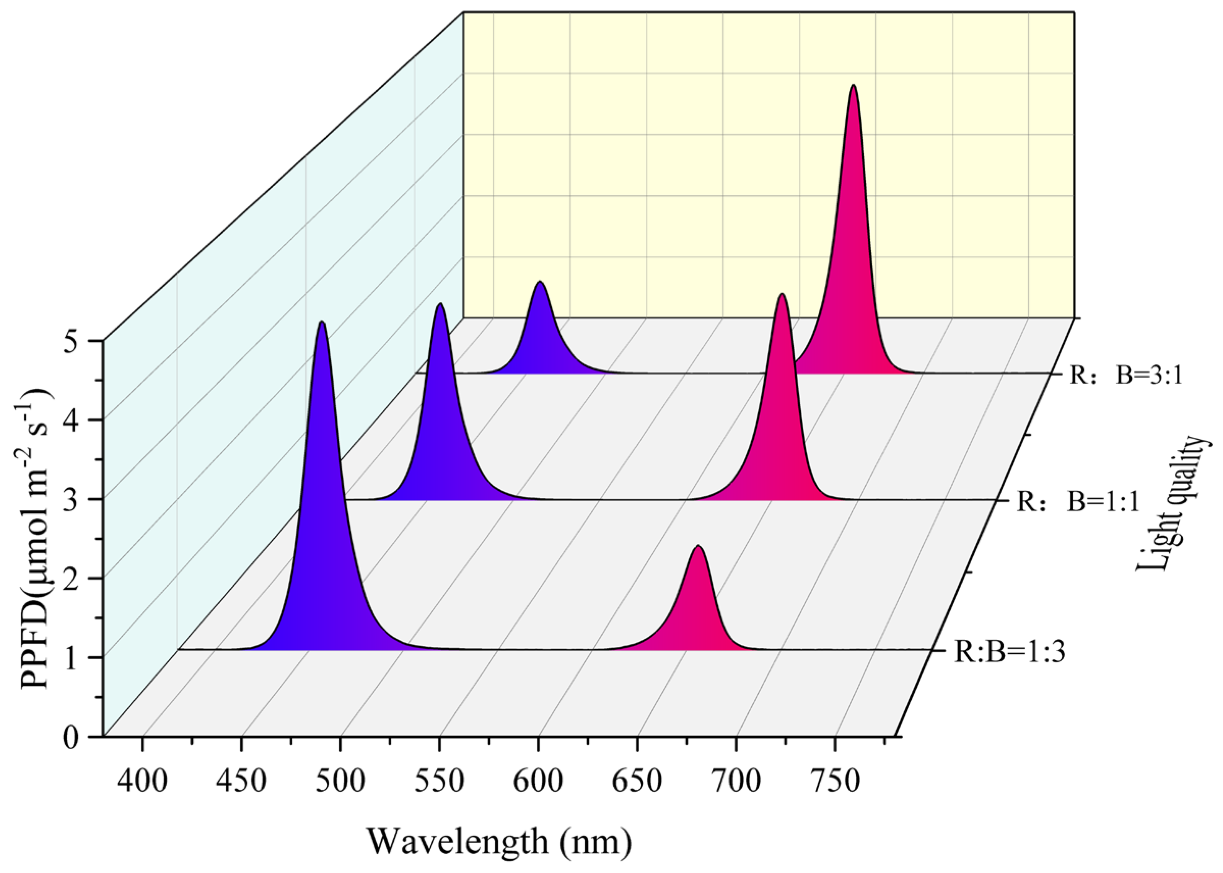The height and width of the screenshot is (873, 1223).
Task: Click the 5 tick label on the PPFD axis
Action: pyautogui.click(x=71, y=342)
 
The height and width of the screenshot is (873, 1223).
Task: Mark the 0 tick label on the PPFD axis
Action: pyautogui.click(x=71, y=738)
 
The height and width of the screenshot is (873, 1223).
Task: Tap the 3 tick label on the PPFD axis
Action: pyautogui.click(x=71, y=500)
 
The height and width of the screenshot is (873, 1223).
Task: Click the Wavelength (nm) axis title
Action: pyautogui.click(x=500, y=841)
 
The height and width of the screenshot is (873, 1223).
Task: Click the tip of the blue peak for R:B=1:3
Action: pyautogui.click(x=322, y=322)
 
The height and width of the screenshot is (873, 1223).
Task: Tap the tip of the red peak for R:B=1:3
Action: pyautogui.click(x=698, y=546)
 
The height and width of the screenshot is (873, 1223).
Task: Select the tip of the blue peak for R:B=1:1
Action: pyautogui.click(x=440, y=304)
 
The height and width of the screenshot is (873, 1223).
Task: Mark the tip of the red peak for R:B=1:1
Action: pyautogui.click(x=782, y=294)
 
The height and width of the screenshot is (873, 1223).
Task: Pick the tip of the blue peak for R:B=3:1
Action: pyautogui.click(x=540, y=282)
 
